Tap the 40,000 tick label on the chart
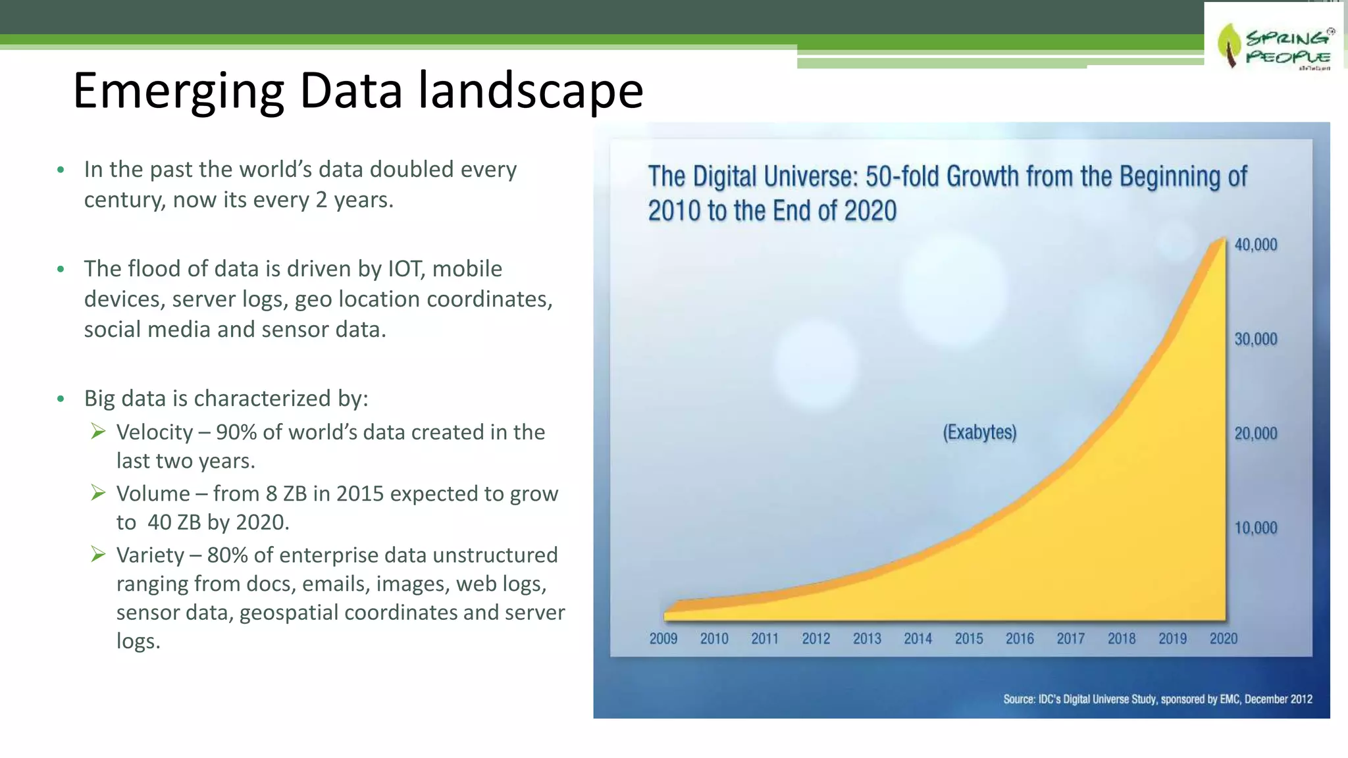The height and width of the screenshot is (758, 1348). click(x=1255, y=245)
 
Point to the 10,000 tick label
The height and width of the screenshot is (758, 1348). click(x=1255, y=528)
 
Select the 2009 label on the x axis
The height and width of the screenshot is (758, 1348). click(x=663, y=638)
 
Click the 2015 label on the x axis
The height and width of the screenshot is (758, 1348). click(x=968, y=638)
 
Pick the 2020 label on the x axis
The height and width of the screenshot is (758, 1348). click(x=1223, y=638)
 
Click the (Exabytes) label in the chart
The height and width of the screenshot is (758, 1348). click(x=979, y=432)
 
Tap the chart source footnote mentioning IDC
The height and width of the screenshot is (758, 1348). click(x=1157, y=699)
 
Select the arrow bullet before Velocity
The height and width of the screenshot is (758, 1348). click(x=98, y=432)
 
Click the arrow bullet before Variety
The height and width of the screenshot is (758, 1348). click(x=98, y=555)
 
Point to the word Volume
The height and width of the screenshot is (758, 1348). click(x=153, y=493)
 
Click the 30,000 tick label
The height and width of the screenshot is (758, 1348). click(x=1255, y=339)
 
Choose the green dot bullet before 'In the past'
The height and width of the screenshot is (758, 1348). click(x=61, y=170)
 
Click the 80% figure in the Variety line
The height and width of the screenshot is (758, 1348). click(x=227, y=555)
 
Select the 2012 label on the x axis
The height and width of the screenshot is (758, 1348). click(x=816, y=638)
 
